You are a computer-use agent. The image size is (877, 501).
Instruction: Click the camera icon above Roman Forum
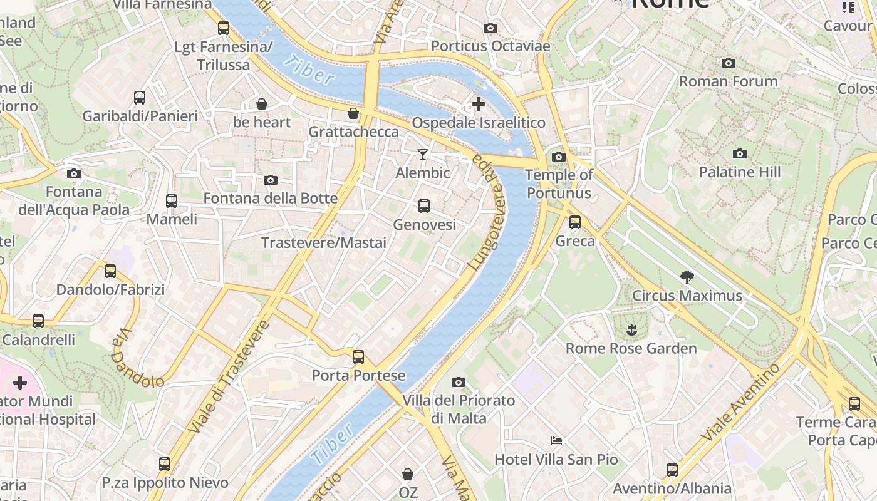pos(728,63)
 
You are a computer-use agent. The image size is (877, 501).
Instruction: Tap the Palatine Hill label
pos(740,172)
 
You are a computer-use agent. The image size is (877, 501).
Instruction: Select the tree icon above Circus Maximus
pos(687,277)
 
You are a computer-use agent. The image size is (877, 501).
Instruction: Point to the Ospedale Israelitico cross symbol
pos(479,104)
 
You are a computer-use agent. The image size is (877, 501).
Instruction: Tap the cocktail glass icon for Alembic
pos(423,155)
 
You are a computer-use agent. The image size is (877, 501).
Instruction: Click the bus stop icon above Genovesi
pos(424,206)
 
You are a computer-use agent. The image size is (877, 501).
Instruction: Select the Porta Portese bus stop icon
pos(358,357)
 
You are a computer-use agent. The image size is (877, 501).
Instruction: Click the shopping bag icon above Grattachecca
pos(353,113)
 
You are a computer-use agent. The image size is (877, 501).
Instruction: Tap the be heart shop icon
pos(262,104)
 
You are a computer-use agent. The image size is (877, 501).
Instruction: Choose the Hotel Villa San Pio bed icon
pos(556,441)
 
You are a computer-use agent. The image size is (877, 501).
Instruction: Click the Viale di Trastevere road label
pos(229,377)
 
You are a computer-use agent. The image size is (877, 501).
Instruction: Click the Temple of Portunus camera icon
pos(559,157)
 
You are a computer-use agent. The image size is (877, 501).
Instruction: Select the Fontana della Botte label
pos(271,199)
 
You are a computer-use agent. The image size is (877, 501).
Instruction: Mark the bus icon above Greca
pos(575,222)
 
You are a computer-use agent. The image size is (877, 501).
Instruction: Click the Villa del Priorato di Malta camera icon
pos(459,383)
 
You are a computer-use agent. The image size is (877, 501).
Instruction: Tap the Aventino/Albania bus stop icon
pos(672,470)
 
